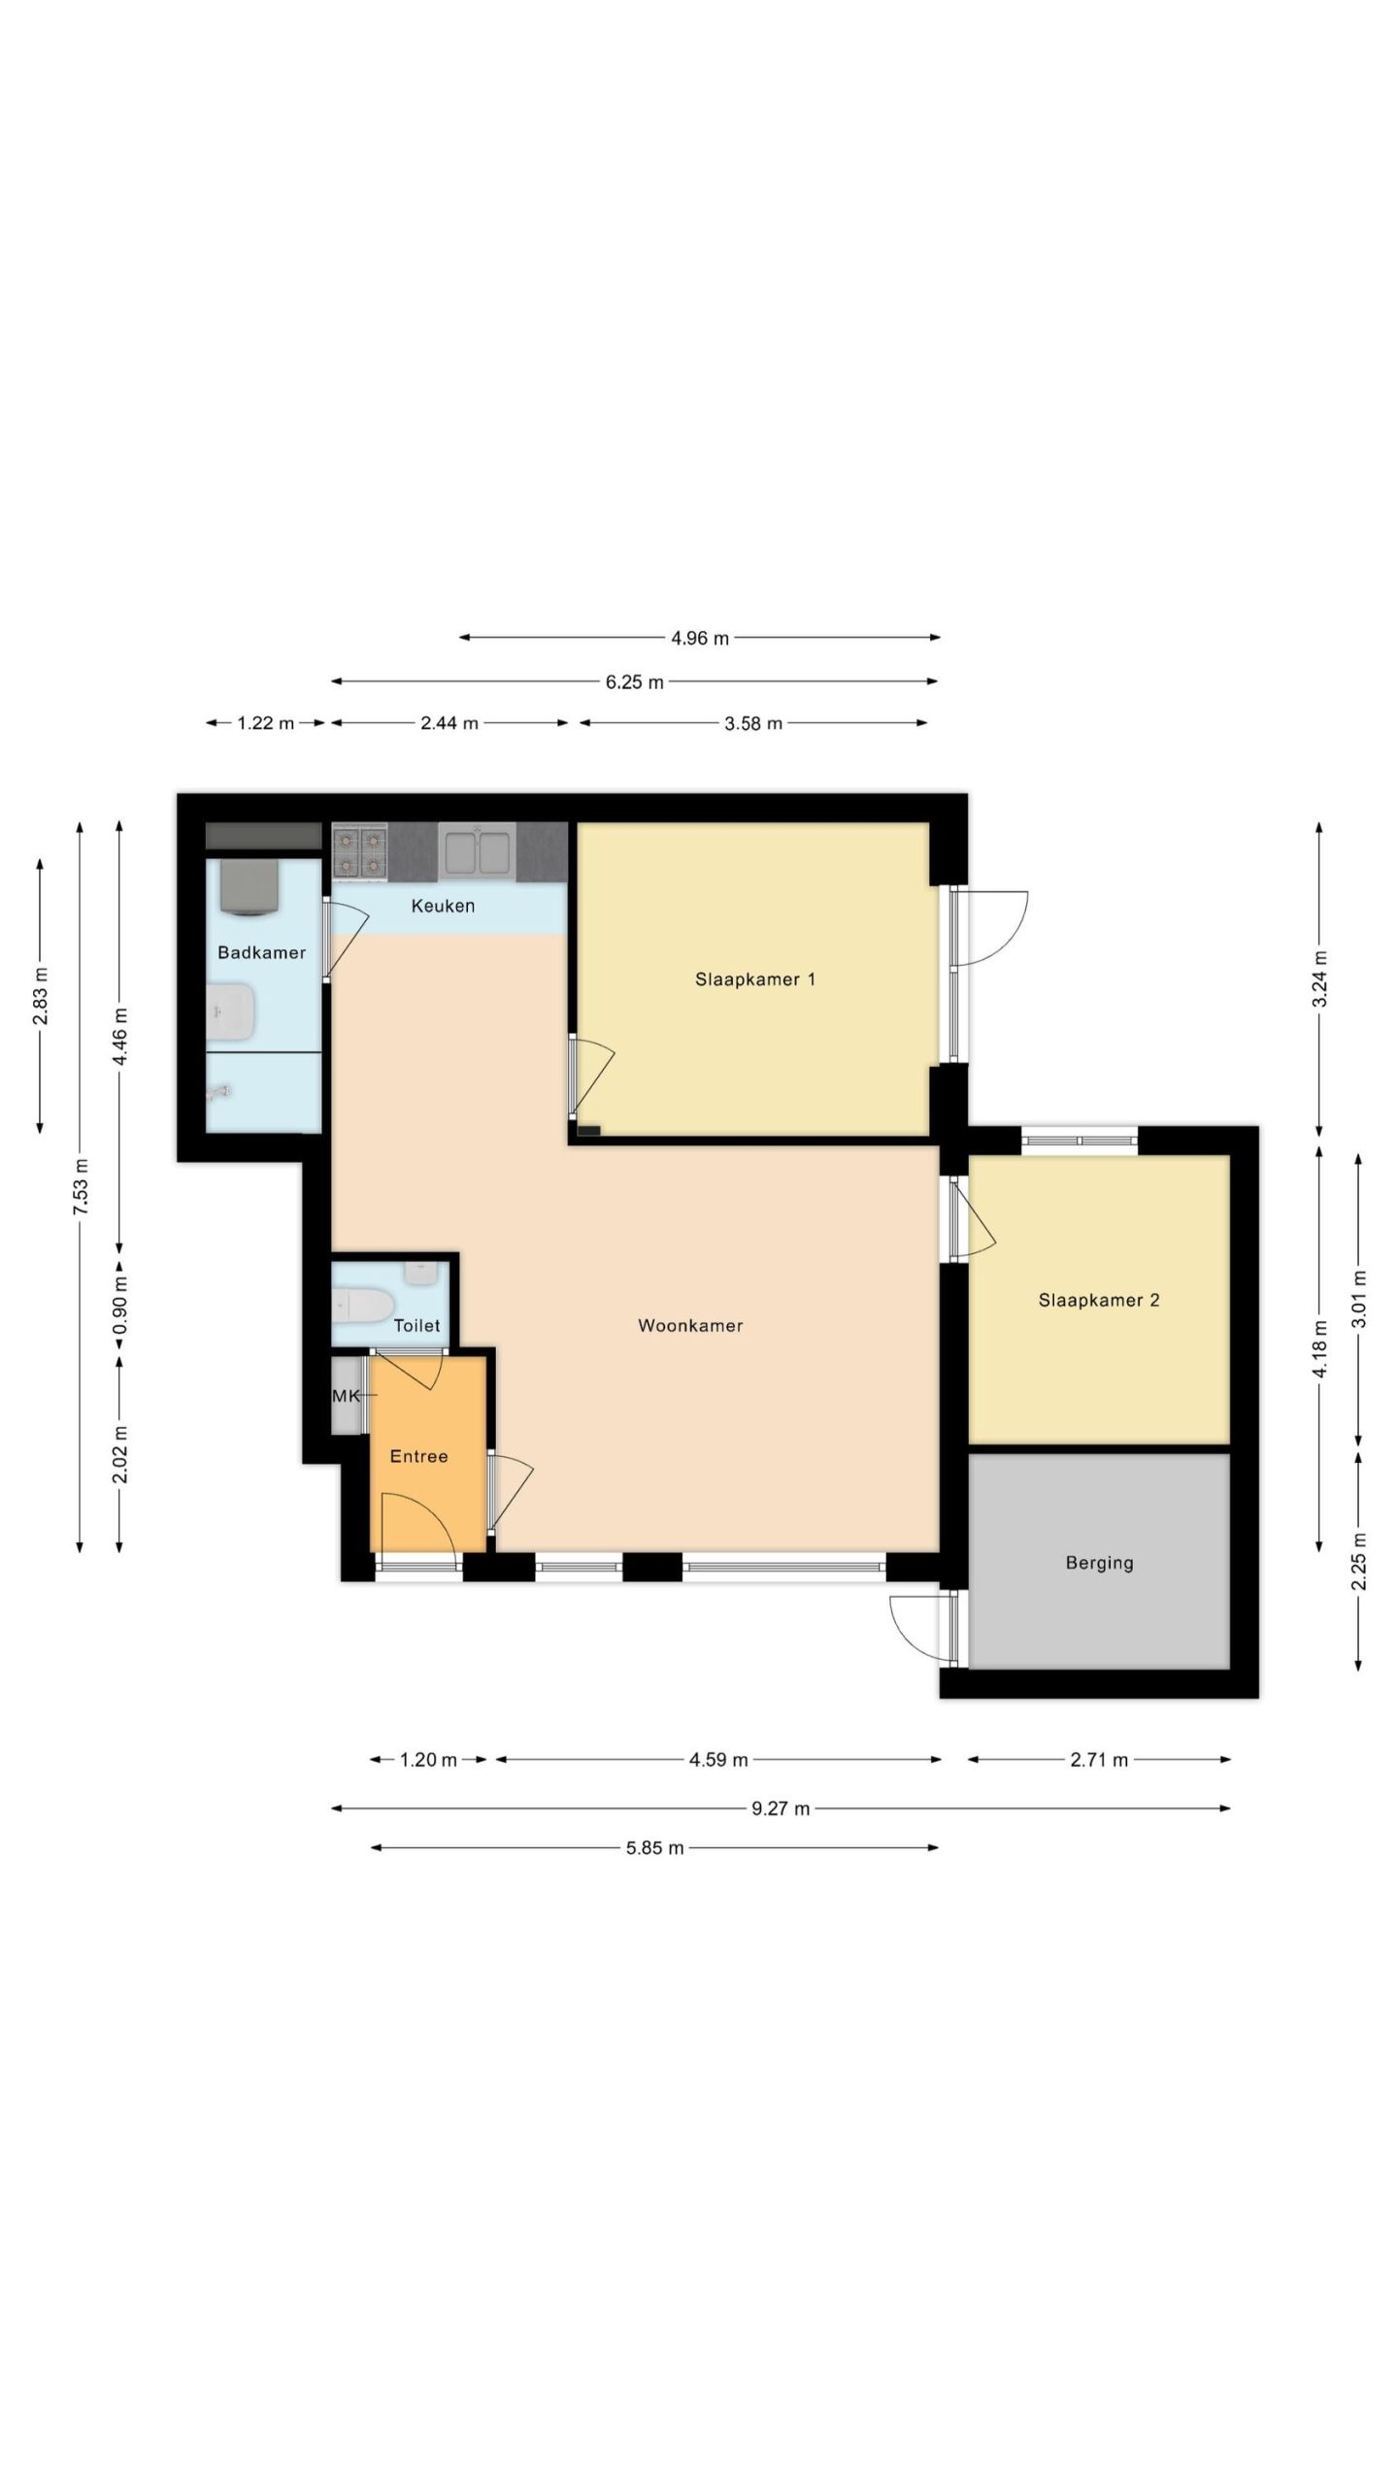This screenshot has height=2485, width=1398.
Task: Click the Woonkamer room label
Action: coord(690,1325)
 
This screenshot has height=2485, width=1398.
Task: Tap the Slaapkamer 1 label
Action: coord(755,979)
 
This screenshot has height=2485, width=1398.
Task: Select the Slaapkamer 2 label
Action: coord(1099,1300)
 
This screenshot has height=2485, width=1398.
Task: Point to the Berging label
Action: coord(1099,1563)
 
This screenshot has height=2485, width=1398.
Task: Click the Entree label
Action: coord(418,1456)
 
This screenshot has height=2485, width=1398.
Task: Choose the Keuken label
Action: coord(443,906)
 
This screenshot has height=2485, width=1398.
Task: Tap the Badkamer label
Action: coord(261,952)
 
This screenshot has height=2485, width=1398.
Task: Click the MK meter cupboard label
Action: coord(346,1396)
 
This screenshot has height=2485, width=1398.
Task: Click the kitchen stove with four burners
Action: coord(359,852)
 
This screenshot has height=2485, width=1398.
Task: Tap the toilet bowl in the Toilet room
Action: coord(361,1306)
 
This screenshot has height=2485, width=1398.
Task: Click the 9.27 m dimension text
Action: coord(781,1808)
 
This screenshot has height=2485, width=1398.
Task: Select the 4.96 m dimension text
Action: coord(700,638)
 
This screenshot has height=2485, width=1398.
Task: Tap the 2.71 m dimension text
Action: coord(1099,1760)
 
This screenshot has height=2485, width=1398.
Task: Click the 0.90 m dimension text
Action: coord(119,1306)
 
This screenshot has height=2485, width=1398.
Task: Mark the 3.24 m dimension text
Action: coord(1318,979)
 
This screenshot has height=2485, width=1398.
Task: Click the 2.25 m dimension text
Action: coord(1359,1561)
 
